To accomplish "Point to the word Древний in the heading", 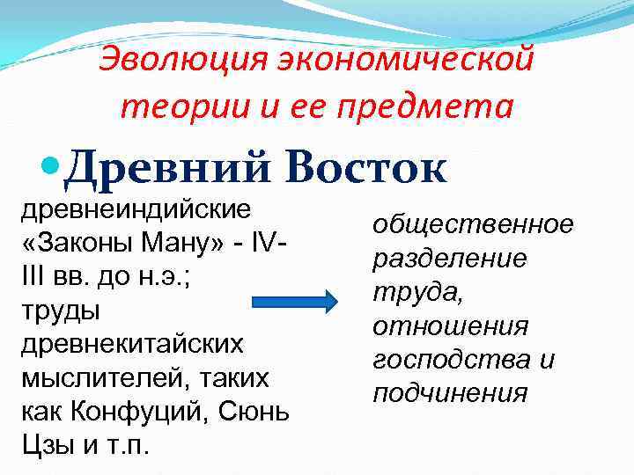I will [162, 166].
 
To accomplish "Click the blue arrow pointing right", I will [295, 302].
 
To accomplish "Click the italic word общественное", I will [472, 225].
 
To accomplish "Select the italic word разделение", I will [450, 259].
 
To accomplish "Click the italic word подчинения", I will [450, 392].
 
